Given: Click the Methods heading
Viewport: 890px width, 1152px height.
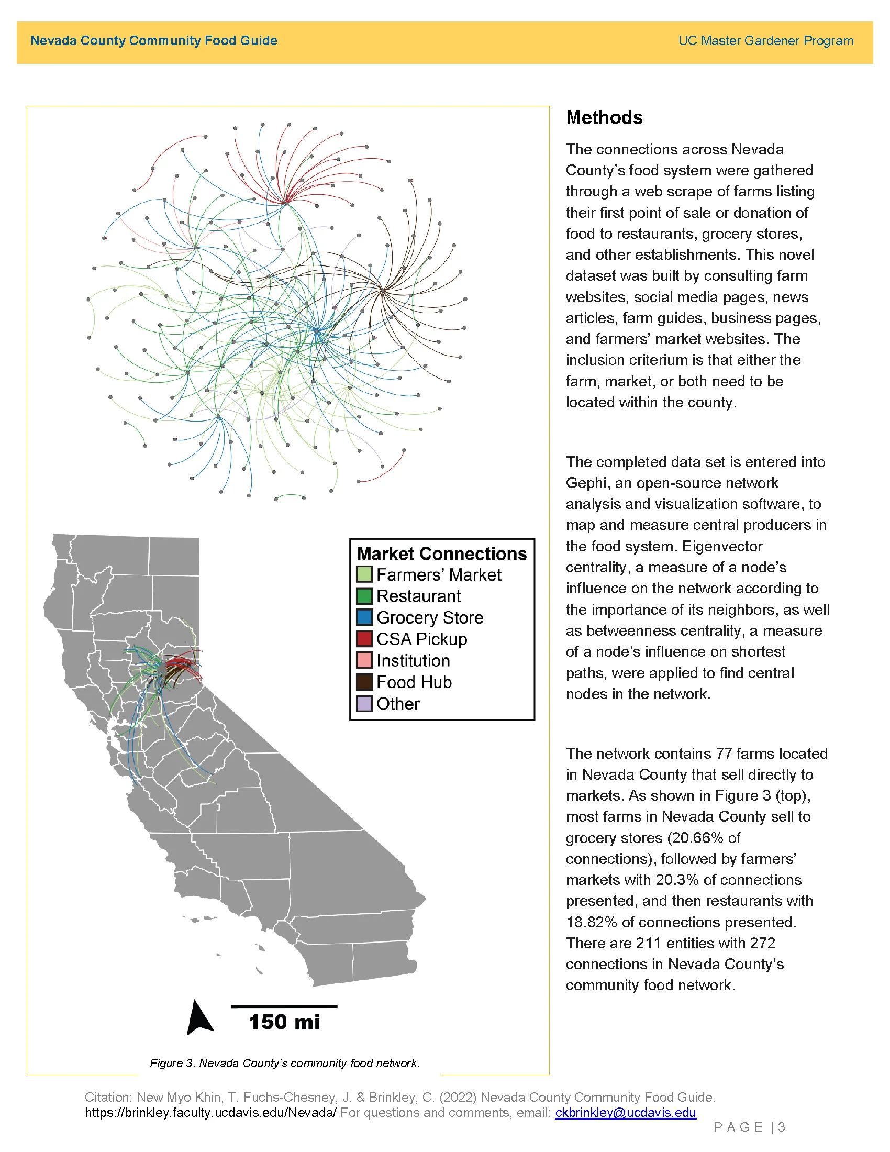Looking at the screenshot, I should point(604,118).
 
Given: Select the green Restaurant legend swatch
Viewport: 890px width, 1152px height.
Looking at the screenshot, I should point(364,596).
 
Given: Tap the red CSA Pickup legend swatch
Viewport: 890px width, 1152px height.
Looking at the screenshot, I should point(364,639).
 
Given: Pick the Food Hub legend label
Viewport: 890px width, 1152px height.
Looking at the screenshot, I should point(414,682).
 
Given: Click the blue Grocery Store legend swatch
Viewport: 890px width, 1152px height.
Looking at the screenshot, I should point(364,617).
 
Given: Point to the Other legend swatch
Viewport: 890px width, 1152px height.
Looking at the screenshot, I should point(364,704).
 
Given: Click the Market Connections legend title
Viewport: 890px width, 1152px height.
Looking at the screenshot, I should point(441,553).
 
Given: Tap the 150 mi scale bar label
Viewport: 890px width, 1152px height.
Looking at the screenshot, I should point(284,1022).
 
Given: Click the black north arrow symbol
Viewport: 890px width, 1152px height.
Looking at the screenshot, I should point(199,1017).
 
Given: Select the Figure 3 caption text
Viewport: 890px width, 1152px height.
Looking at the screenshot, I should point(285,1063).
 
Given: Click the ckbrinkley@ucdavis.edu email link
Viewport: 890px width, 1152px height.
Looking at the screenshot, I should point(625,1112).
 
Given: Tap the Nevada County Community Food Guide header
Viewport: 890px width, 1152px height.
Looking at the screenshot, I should point(153,41).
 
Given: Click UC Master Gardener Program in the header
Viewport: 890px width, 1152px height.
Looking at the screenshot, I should point(765,41).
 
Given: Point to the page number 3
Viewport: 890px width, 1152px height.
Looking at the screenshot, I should point(782,1127).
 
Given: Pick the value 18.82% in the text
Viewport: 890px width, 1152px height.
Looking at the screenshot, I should point(591,922).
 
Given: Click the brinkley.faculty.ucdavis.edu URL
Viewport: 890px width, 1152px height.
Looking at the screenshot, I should point(210,1112).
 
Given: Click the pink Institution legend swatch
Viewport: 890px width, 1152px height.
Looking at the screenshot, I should point(364,660).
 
